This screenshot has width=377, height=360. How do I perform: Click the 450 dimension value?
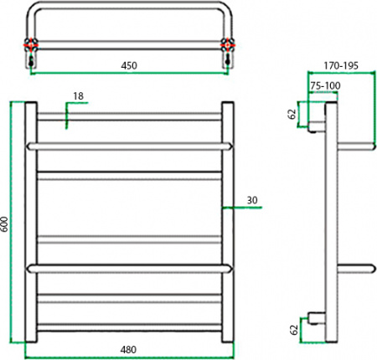point(127,64)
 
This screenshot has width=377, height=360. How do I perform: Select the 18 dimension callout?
point(77,97)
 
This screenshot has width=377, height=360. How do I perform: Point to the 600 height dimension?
point(5,224)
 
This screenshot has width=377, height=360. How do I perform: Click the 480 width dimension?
point(127,349)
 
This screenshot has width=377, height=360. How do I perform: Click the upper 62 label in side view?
point(293,114)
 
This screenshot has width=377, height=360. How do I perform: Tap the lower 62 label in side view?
point(293,330)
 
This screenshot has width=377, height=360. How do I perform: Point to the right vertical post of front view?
point(226,224)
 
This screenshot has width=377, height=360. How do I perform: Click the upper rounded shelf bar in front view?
point(127,146)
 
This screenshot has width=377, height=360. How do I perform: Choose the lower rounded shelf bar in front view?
point(127,268)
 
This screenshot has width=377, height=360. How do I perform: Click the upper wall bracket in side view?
point(317,127)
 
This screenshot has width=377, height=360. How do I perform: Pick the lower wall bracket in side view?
point(317,318)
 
